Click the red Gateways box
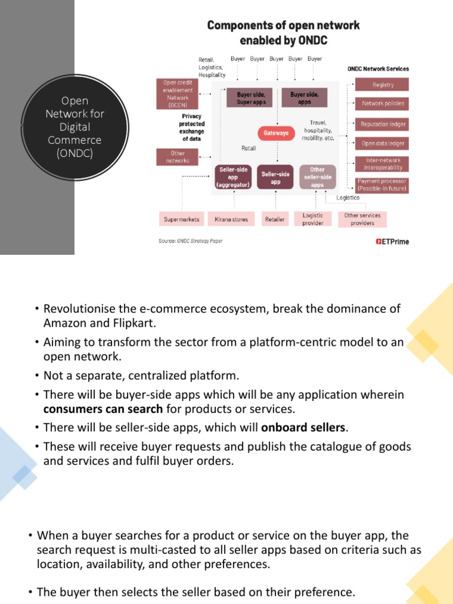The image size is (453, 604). click(275, 133)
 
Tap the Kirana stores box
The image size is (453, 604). click(231, 219)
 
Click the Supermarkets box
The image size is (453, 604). click(182, 219)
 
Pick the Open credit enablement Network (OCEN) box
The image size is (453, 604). click(178, 94)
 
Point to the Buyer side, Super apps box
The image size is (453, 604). click(251, 98)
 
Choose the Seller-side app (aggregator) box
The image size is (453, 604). click(233, 177)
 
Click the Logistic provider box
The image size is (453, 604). click(313, 219)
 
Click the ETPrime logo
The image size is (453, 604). click(392, 241)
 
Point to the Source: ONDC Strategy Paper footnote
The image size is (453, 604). click(191, 241)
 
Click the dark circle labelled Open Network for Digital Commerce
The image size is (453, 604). click(74, 127)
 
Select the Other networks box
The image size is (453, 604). click(178, 157)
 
